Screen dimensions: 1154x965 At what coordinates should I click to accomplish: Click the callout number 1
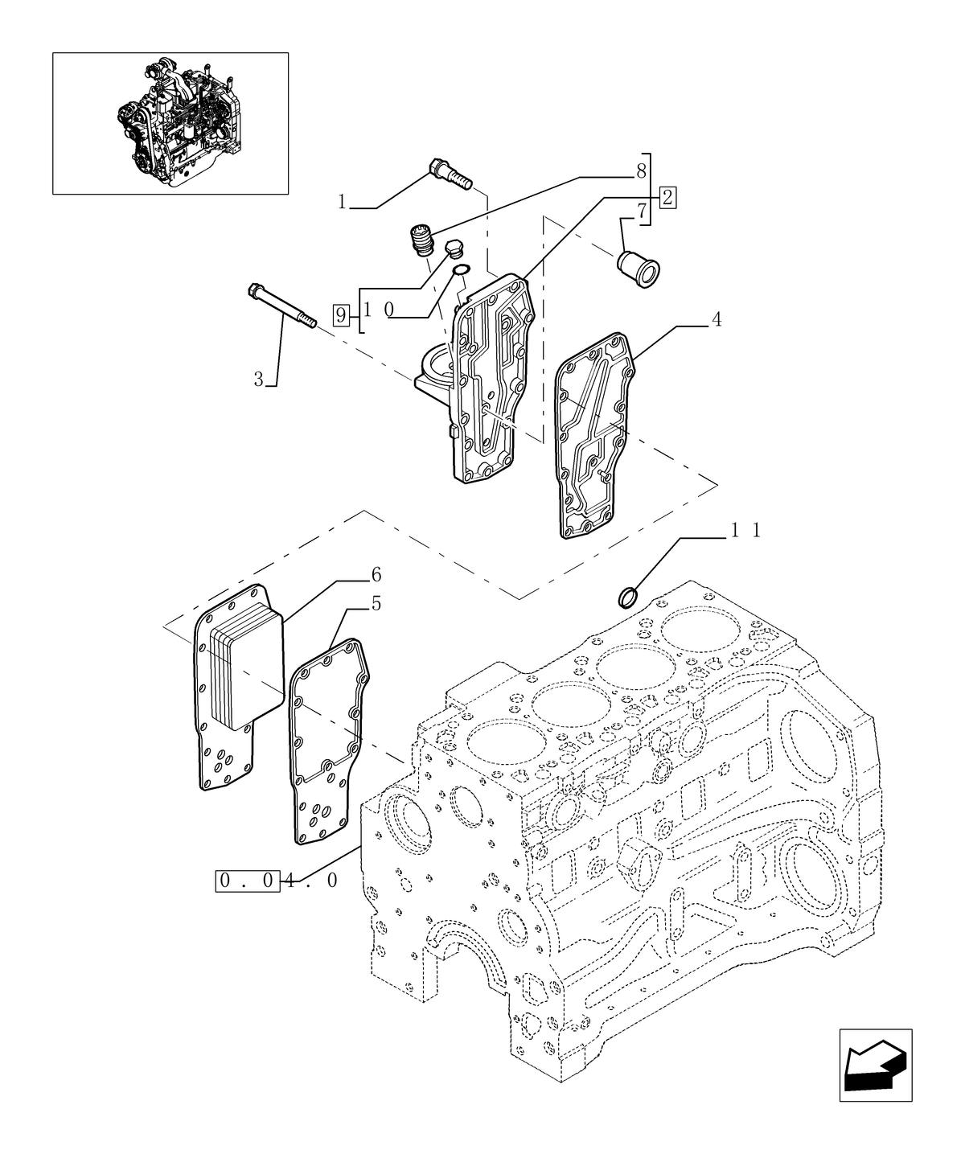pyautogui.click(x=342, y=202)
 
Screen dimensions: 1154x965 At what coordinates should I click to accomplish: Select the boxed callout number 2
pyautogui.click(x=668, y=196)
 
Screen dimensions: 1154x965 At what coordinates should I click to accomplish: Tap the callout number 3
pyautogui.click(x=259, y=379)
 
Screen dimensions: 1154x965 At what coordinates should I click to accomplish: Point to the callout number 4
pyautogui.click(x=716, y=320)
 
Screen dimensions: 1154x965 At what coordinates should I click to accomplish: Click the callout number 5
pyautogui.click(x=376, y=603)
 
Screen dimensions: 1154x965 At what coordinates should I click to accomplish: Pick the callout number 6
pyautogui.click(x=376, y=574)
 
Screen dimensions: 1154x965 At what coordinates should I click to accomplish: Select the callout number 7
pyautogui.click(x=642, y=212)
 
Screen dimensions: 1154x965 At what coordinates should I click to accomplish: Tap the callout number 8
pyautogui.click(x=641, y=170)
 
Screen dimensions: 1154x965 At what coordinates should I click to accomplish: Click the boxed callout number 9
pyautogui.click(x=342, y=314)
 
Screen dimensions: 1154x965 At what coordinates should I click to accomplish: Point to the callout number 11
pyautogui.click(x=745, y=531)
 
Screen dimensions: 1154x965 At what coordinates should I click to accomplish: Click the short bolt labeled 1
pyautogui.click(x=450, y=174)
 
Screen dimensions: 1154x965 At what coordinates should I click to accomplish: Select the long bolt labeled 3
pyautogui.click(x=282, y=306)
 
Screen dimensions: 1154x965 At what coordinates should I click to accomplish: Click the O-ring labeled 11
pyautogui.click(x=629, y=598)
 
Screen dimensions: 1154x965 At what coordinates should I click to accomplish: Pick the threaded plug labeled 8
pyautogui.click(x=419, y=240)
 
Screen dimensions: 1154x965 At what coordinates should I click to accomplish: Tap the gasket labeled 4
pyautogui.click(x=595, y=434)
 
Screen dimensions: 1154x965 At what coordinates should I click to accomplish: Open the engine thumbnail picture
pyautogui.click(x=170, y=123)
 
